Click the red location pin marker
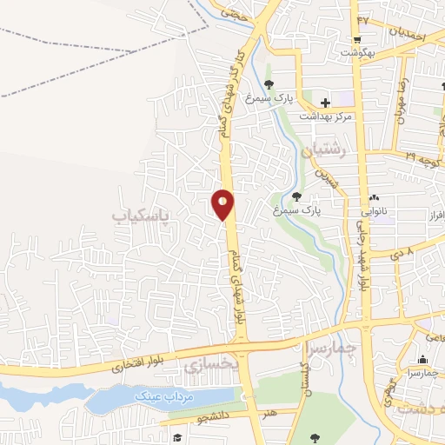click(x=222, y=204)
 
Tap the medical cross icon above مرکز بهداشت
click(x=325, y=102)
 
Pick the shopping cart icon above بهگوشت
click(x=357, y=41)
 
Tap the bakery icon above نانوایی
click(x=375, y=198)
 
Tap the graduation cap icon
click(x=176, y=437)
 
